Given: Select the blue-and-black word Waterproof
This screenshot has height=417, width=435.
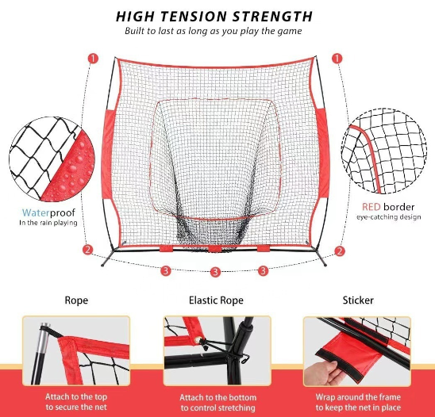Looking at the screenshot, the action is point(48,212).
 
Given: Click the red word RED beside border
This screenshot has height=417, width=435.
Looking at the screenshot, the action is point(371,207).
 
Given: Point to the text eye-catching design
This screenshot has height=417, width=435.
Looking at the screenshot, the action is point(389,217).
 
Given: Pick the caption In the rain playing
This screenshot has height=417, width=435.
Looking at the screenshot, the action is point(48,223).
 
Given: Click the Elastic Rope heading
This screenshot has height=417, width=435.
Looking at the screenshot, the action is point(216,300).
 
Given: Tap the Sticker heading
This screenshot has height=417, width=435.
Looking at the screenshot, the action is point(358,300).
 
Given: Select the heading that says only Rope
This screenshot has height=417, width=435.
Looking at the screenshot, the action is point(76,300).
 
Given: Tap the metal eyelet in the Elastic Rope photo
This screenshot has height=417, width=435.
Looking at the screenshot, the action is point(198,339).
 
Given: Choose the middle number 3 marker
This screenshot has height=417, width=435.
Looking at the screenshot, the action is point(215,272).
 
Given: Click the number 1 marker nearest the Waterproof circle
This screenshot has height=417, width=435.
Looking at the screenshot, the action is point(93,59).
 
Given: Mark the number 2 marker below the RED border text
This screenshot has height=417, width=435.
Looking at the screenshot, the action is point(339,251).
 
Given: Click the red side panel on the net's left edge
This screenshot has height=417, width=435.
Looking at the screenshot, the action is point(108,154).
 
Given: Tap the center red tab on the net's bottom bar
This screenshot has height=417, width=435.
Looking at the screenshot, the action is point(215,249).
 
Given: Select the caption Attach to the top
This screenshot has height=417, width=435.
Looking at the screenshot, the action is point(76,396).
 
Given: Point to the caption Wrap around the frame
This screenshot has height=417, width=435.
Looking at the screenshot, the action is point(358,397).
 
